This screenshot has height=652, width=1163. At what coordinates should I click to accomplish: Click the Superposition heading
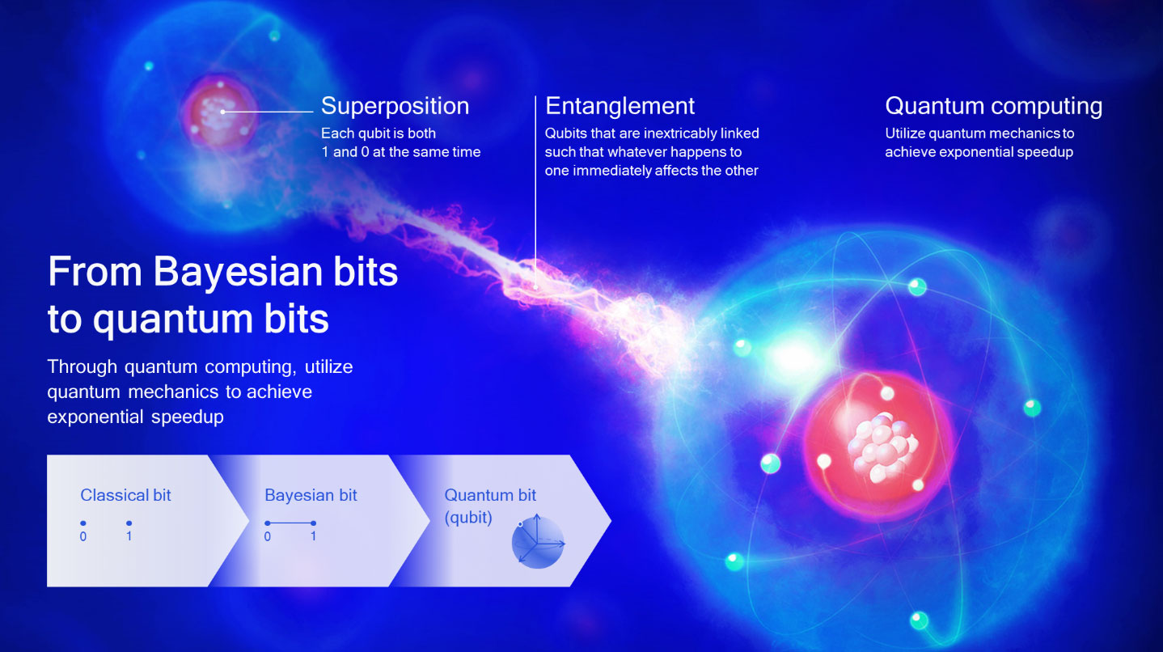pyautogui.click(x=395, y=106)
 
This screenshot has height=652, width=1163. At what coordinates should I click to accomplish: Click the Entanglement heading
pyautogui.click(x=620, y=106)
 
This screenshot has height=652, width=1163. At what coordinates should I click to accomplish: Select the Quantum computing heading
pyautogui.click(x=993, y=106)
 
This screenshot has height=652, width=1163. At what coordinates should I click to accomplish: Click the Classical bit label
pyautogui.click(x=125, y=495)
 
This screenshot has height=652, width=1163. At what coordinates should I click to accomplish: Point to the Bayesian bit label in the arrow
pyautogui.click(x=311, y=495)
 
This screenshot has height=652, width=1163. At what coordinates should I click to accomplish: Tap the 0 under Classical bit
pyautogui.click(x=83, y=536)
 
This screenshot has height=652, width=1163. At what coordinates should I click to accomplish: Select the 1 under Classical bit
pyautogui.click(x=129, y=536)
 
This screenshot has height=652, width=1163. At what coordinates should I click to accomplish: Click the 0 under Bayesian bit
pyautogui.click(x=268, y=536)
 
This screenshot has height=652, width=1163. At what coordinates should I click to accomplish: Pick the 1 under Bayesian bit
pyautogui.click(x=313, y=536)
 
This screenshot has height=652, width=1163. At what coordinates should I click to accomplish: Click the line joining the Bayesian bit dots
pyautogui.click(x=290, y=523)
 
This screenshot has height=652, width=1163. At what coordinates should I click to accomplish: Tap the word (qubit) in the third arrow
pyautogui.click(x=468, y=518)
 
